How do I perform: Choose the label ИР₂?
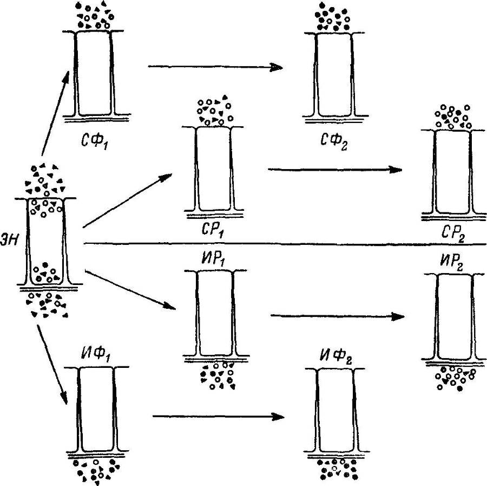(x=453, y=261)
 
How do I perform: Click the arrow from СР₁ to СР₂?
(x=335, y=169)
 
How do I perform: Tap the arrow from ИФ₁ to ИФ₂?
(x=219, y=417)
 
